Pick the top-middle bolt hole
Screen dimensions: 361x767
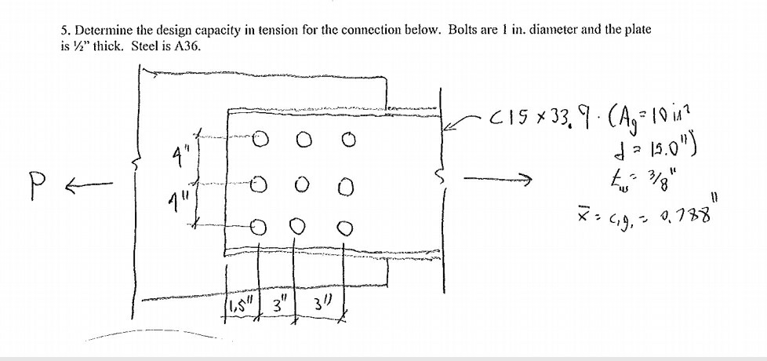pos(302,140)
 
